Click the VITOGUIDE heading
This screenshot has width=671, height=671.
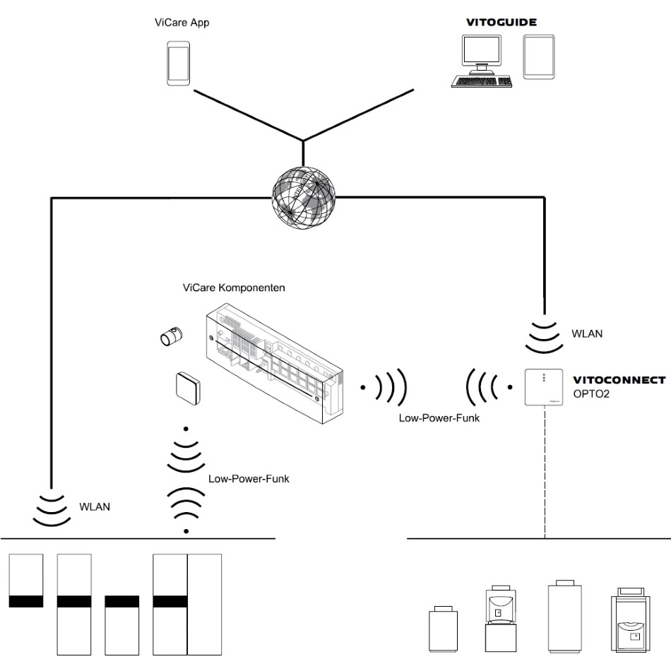(501, 23)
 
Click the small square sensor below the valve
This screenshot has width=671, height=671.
(186, 386)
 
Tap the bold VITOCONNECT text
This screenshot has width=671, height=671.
(619, 380)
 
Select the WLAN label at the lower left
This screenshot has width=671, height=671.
(95, 507)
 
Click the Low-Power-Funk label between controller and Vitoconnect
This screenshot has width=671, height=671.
(439, 418)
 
